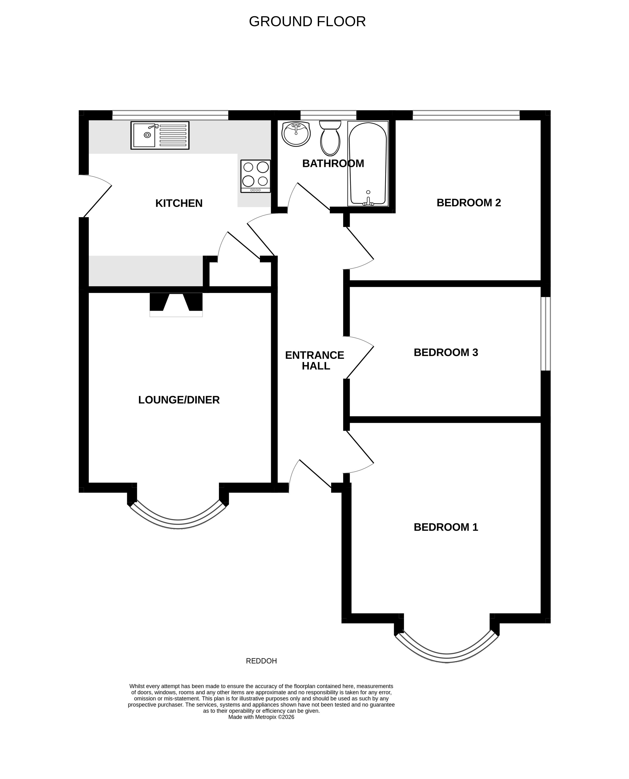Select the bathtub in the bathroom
(367, 164)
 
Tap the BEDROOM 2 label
(469, 202)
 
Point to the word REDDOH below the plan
(261, 661)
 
